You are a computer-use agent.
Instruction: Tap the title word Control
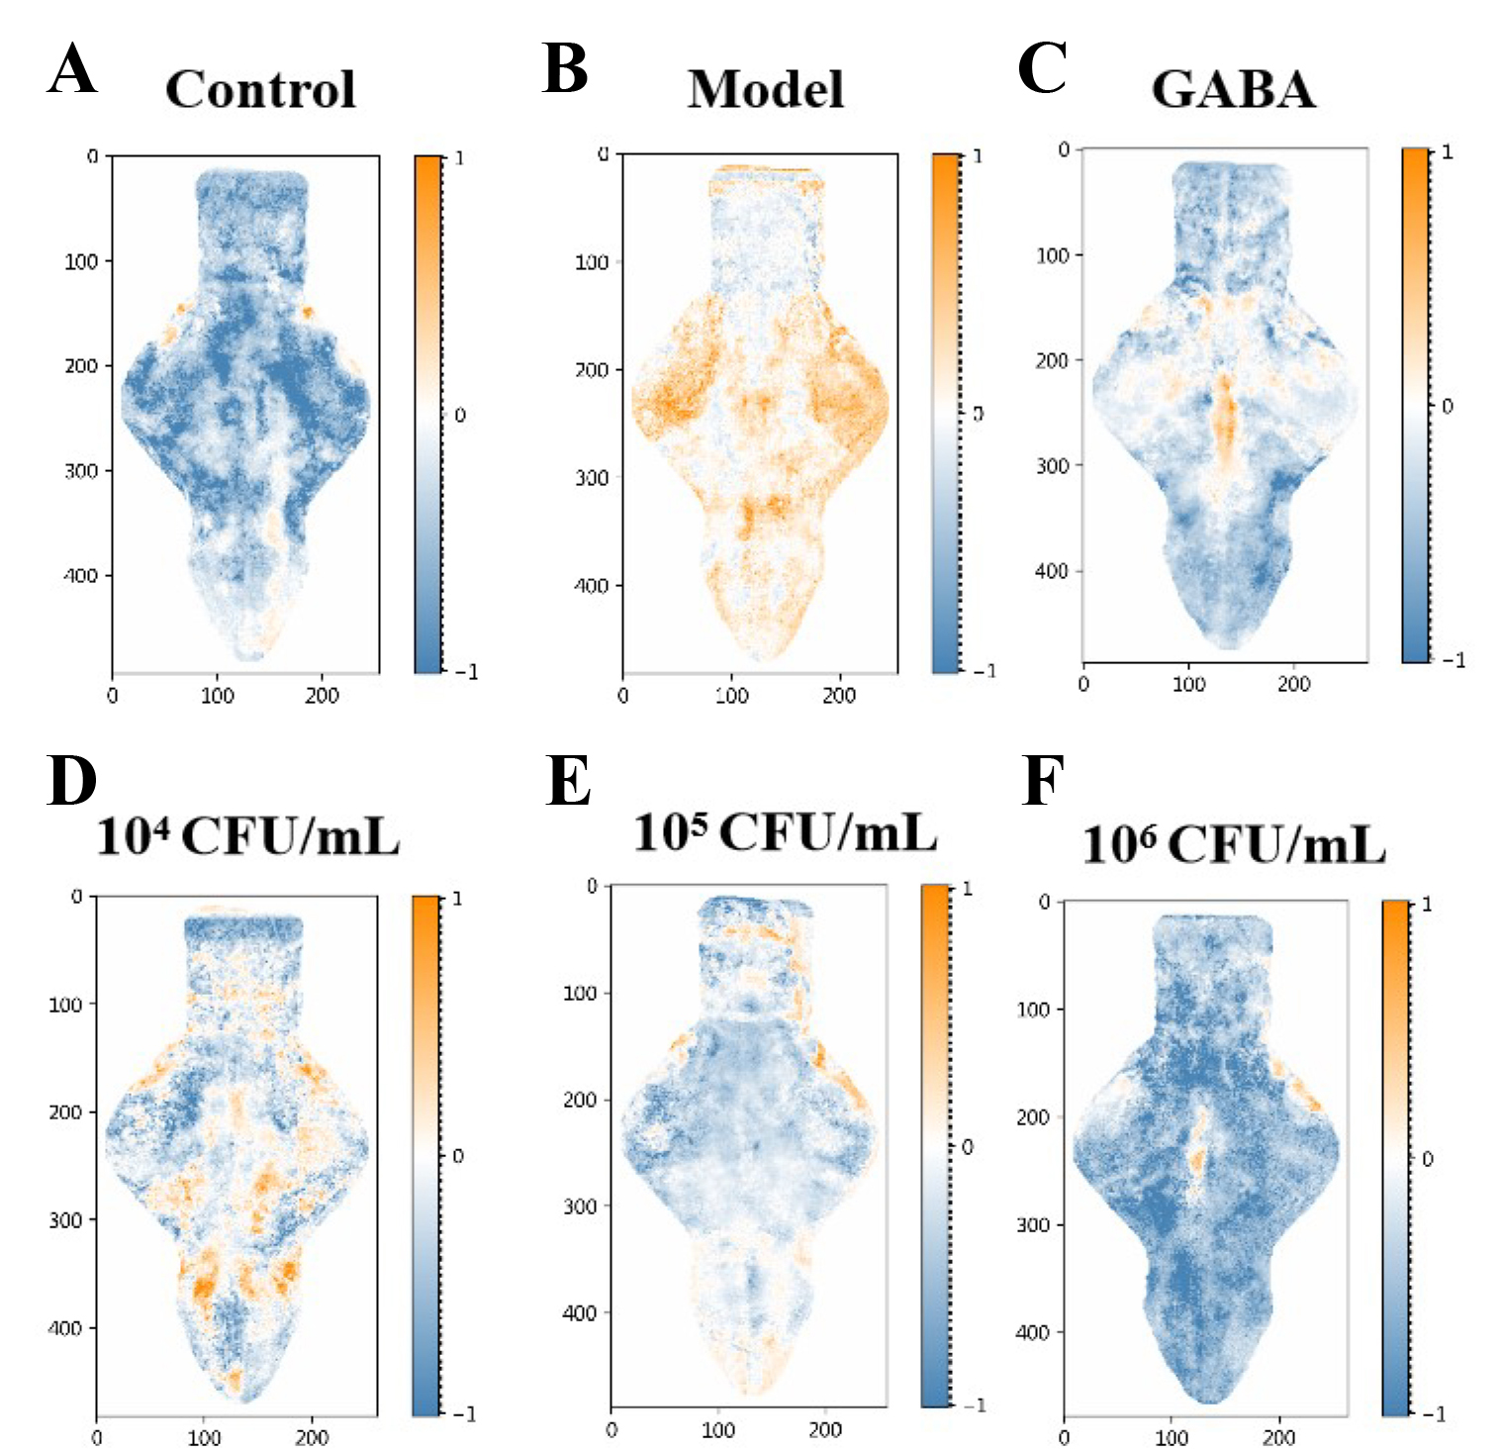click(260, 90)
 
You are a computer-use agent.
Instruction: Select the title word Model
click(766, 90)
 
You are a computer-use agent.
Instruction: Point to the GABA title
click(1233, 90)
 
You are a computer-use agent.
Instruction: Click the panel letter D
click(71, 781)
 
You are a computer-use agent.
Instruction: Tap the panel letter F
click(1042, 781)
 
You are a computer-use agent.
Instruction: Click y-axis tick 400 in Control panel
click(81, 575)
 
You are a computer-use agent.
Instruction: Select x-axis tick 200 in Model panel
click(838, 696)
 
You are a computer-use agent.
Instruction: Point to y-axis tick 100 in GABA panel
click(1053, 255)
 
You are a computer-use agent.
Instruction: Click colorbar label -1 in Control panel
click(467, 672)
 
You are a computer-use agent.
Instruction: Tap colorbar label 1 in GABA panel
click(1448, 152)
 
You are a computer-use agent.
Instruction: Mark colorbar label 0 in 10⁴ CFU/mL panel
click(457, 1156)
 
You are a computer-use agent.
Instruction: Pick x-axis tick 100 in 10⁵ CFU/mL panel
click(718, 1430)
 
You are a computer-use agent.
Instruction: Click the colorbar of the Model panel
click(946, 414)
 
